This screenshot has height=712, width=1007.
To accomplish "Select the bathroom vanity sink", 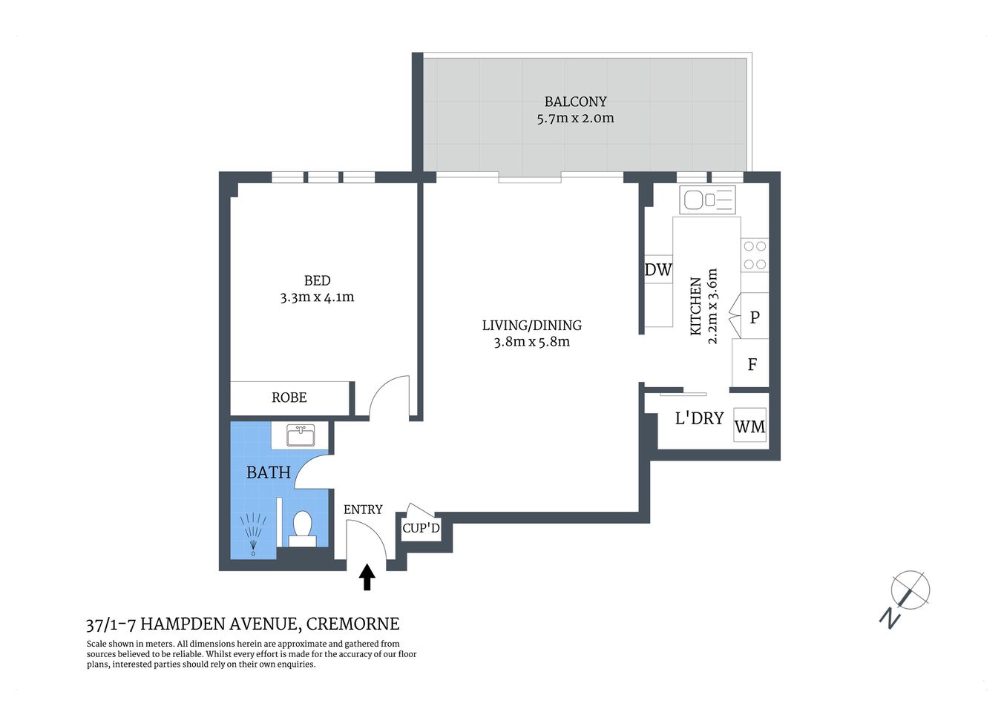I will click(301, 435).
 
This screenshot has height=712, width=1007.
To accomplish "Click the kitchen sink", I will click(707, 200).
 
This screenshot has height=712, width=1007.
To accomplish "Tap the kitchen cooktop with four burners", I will click(755, 254).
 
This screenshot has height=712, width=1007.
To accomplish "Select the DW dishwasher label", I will click(657, 270).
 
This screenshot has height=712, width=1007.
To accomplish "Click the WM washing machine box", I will click(749, 426).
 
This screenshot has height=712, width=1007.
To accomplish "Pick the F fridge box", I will click(752, 364).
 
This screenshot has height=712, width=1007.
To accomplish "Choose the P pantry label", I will click(755, 317).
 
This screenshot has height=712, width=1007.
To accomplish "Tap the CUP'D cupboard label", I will click(421, 528).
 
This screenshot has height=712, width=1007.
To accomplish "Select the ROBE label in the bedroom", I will click(289, 398).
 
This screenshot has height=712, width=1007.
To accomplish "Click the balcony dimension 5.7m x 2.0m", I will click(575, 118).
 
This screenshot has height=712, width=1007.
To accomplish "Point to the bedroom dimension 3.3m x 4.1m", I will click(317, 297).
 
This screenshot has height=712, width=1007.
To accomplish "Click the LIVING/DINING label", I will click(531, 325).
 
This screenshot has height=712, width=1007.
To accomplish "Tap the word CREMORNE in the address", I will click(352, 624).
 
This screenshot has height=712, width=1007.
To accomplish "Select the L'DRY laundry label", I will click(699, 418).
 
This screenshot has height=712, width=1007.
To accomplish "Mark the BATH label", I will click(268, 472).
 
